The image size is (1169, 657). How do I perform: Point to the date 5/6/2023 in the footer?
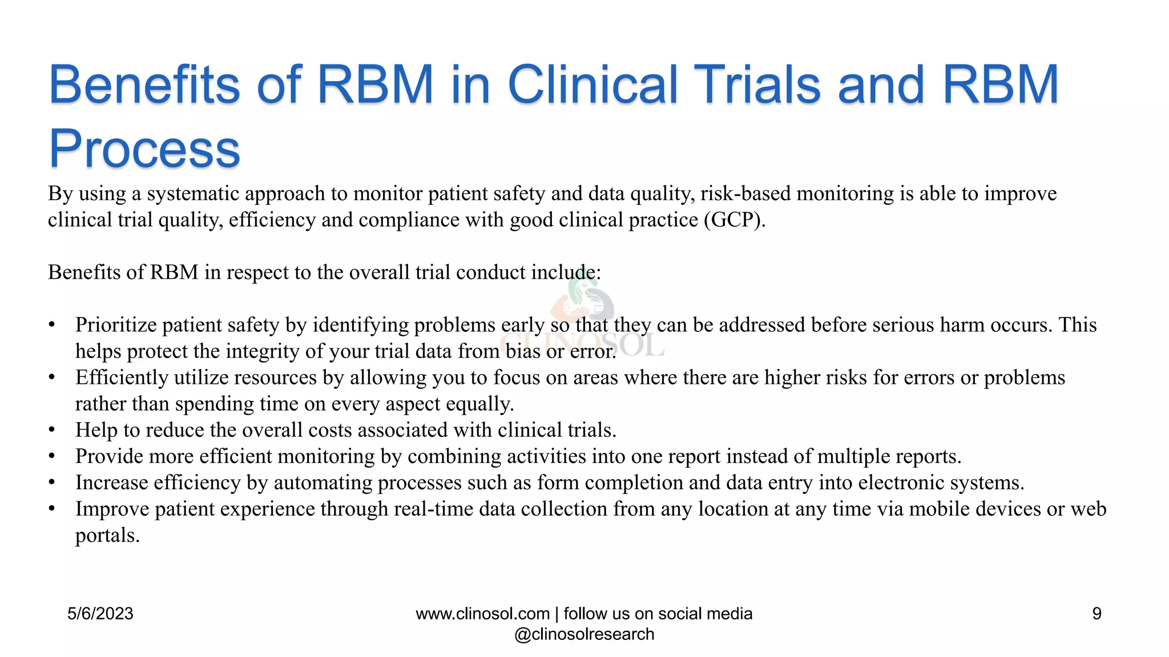[x=100, y=614]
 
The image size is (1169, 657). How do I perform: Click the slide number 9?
[x=1097, y=614]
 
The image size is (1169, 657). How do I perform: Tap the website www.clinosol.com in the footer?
[x=482, y=614]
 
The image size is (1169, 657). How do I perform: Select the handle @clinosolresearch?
[x=584, y=634]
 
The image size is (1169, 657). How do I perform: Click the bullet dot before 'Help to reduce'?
[x=52, y=430]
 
